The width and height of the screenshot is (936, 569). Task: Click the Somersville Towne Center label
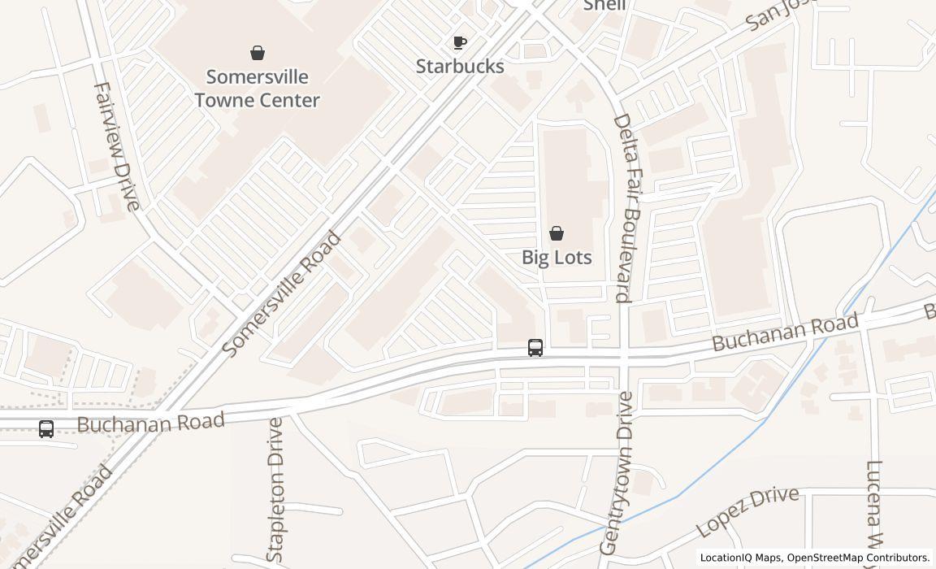point(257,89)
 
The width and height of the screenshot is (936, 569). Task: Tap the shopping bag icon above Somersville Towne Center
point(258,54)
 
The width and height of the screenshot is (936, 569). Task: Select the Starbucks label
point(460,67)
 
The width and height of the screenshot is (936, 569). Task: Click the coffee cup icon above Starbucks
point(460,42)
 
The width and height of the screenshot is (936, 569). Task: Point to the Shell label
point(604,6)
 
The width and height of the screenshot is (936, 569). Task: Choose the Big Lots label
point(557,258)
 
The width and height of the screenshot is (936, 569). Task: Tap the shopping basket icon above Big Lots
point(557,234)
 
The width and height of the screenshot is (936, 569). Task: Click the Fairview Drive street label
point(117,146)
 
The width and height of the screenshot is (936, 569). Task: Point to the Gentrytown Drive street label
point(616,473)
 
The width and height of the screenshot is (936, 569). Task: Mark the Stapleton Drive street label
point(275,489)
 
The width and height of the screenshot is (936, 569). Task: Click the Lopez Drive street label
point(747,511)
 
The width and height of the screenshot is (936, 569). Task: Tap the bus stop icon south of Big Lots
point(535,348)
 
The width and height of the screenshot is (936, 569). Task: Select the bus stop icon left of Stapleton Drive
point(46,429)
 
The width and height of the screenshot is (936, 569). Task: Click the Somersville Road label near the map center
point(281,294)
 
